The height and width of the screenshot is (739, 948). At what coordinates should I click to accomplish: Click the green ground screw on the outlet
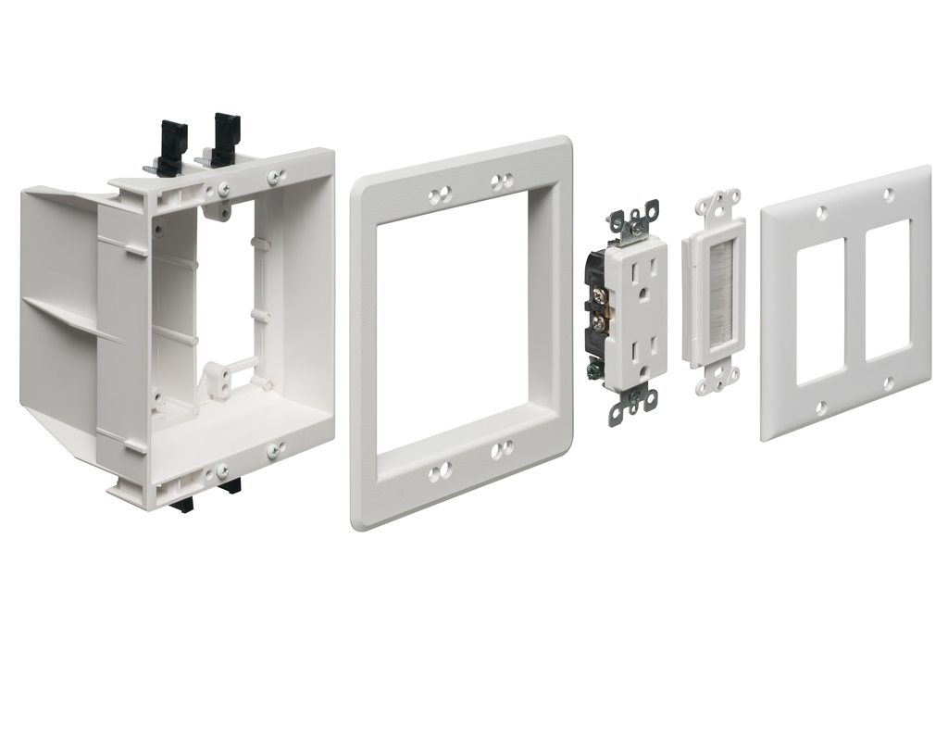tap(592, 369)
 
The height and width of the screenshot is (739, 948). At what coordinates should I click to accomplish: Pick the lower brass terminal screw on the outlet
tap(598, 323)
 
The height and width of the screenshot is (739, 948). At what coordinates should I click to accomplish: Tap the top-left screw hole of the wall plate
tap(821, 213)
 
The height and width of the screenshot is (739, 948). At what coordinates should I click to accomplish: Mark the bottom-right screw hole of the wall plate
tap(889, 382)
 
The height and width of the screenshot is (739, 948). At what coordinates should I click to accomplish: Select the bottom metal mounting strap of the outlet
tap(636, 398)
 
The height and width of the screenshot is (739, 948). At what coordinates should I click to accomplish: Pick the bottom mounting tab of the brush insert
tap(717, 382)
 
